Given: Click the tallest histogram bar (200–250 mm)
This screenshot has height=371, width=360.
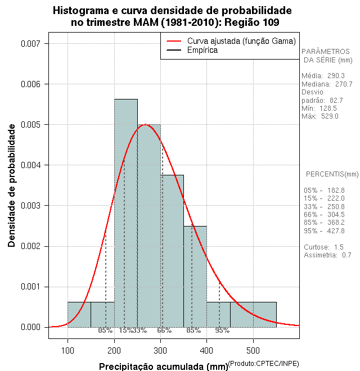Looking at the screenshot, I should pyautogui.click(x=126, y=214).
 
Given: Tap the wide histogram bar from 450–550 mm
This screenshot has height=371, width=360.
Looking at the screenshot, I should pyautogui.click(x=253, y=314).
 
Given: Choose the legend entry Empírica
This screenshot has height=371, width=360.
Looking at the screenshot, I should pyautogui.click(x=202, y=50).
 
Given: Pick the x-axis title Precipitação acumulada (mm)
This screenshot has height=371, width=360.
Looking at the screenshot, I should pyautogui.click(x=163, y=367).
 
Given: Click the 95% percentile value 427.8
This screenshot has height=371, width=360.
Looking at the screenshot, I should pyautogui.click(x=335, y=230).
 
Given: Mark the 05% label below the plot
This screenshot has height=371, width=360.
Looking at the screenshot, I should pyautogui.click(x=105, y=331).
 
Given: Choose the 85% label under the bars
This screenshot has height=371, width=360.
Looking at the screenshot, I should pyautogui.click(x=193, y=331).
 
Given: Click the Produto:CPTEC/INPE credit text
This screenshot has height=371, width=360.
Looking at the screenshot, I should pyautogui.click(x=264, y=364).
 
